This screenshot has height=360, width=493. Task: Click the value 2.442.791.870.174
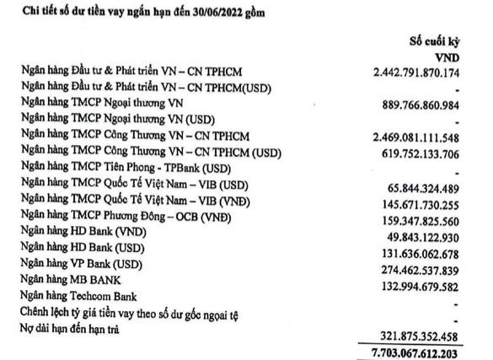418,74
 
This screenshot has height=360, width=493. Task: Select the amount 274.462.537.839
426,263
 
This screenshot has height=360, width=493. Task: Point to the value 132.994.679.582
426,278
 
